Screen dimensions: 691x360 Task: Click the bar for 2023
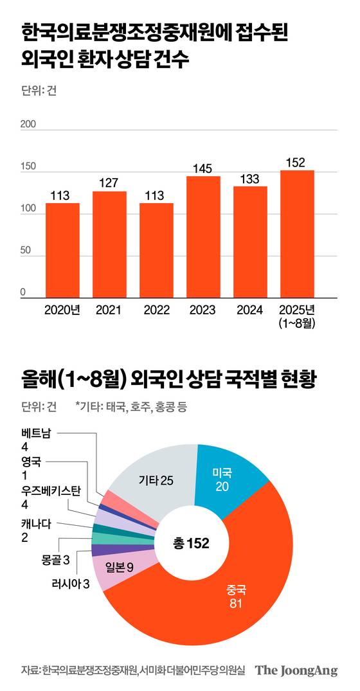(x=203, y=237)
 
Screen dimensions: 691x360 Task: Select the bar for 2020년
(x=62, y=250)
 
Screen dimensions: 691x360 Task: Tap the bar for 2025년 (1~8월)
(x=297, y=234)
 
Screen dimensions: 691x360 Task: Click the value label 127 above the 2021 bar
(x=109, y=183)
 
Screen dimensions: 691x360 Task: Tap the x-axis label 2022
(x=156, y=310)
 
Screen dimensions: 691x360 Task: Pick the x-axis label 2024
(x=250, y=310)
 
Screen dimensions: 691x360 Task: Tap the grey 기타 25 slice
(x=155, y=480)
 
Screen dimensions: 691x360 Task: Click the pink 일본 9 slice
(x=120, y=566)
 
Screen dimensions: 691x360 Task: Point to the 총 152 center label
(x=191, y=543)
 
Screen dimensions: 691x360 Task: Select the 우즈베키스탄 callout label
(x=51, y=491)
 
